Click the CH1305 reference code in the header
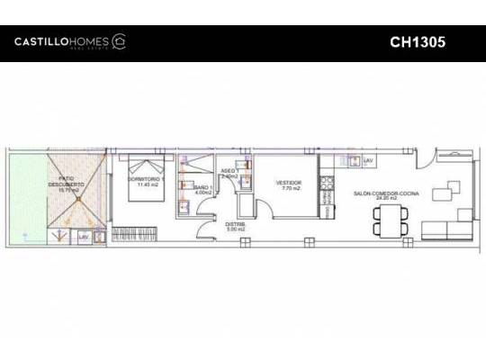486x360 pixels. pyautogui.click(x=418, y=41)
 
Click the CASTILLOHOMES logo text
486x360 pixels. pyautogui.click(x=61, y=41)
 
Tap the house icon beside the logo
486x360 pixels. pyautogui.click(x=118, y=41)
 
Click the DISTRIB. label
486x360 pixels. pyautogui.click(x=236, y=224)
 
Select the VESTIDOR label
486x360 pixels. pyautogui.click(x=289, y=182)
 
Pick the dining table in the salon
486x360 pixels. pyautogui.click(x=390, y=220)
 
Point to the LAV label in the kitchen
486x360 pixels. pyautogui.click(x=366, y=160)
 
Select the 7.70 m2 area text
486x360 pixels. pyautogui.click(x=289, y=188)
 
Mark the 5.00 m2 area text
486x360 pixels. pyautogui.click(x=236, y=229)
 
